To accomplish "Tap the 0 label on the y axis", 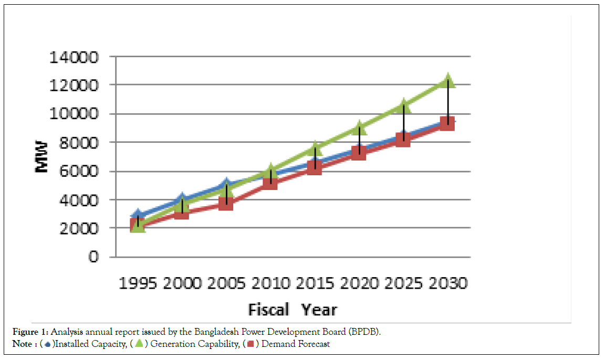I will tap(94, 257).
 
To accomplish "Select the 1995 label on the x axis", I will tap(138, 283).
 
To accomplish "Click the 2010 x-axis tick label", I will tap(270, 283).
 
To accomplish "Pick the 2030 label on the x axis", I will tap(447, 283).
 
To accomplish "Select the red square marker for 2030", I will tap(447, 123).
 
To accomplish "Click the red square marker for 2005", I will tap(226, 203).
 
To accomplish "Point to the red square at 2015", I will tap(315, 167).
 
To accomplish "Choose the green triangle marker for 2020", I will tap(359, 127).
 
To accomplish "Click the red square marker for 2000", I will tap(182, 212).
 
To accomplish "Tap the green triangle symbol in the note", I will tap(139, 344).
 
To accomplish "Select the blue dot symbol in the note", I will tap(48, 344).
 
